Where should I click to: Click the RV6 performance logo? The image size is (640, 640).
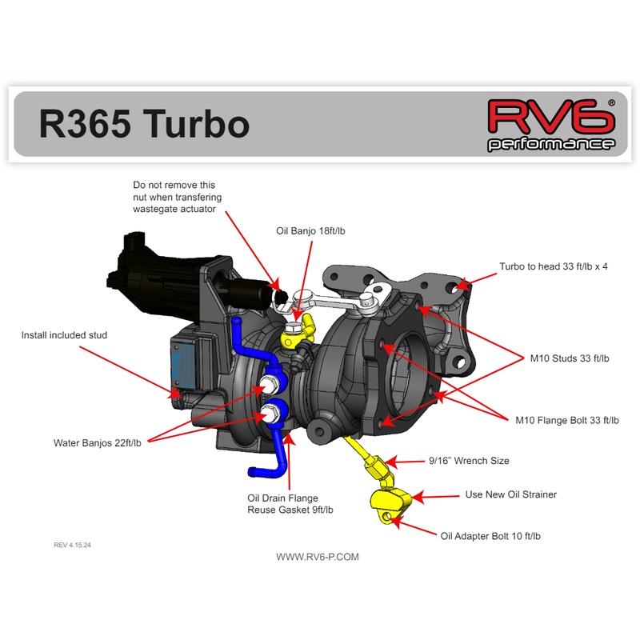551,125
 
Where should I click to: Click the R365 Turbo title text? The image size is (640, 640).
144,124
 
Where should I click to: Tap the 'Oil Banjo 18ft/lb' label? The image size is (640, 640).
310,231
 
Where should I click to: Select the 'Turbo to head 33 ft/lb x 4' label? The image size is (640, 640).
554,266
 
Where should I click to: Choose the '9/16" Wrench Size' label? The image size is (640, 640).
469,461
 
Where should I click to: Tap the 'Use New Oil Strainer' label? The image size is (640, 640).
510,494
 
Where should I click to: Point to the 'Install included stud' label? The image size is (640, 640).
64,335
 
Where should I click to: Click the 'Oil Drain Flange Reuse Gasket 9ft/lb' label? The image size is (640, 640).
290,503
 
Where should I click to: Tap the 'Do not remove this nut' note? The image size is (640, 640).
178,197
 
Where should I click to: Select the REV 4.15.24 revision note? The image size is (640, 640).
78,545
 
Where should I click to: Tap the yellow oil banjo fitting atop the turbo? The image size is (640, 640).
302,327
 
